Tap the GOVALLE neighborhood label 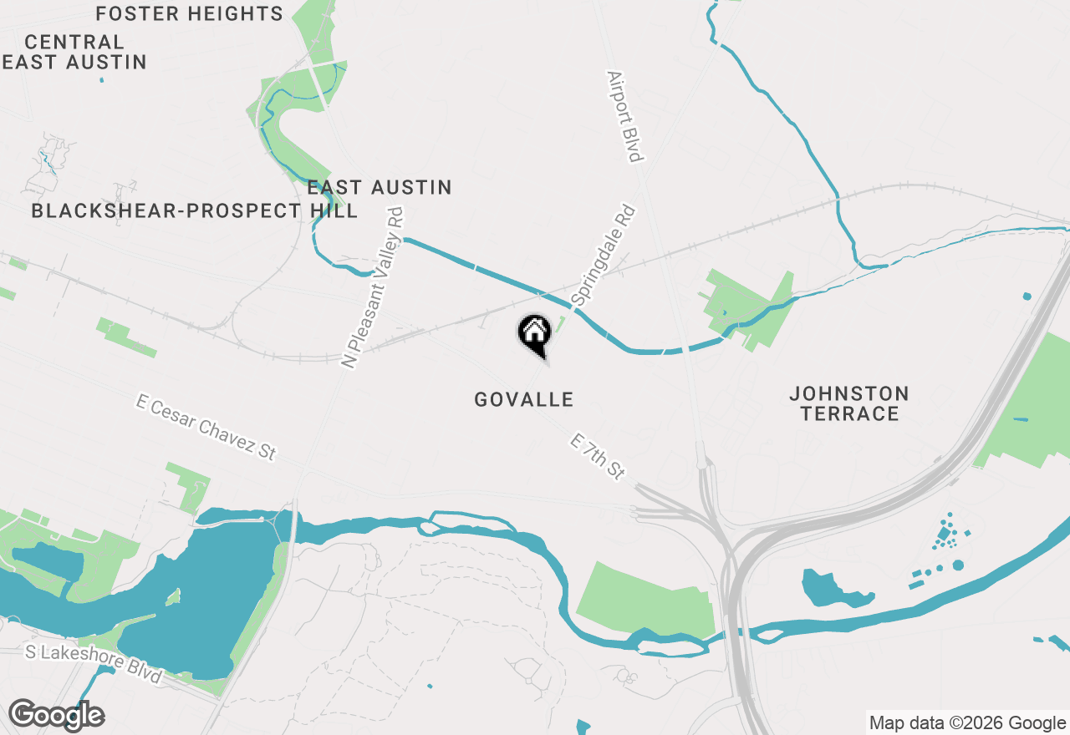tap(524, 400)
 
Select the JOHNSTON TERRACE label tap(849, 403)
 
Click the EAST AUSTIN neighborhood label tap(380, 188)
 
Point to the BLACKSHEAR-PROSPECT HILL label tap(194, 211)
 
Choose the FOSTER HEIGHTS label tap(190, 14)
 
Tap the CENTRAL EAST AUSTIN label tap(75, 52)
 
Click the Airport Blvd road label tap(626, 116)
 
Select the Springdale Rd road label tap(604, 255)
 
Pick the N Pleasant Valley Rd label tap(374, 288)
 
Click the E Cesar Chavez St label tap(206, 427)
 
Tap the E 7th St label tap(598, 456)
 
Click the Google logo tap(56, 715)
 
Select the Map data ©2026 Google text tap(968, 723)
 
